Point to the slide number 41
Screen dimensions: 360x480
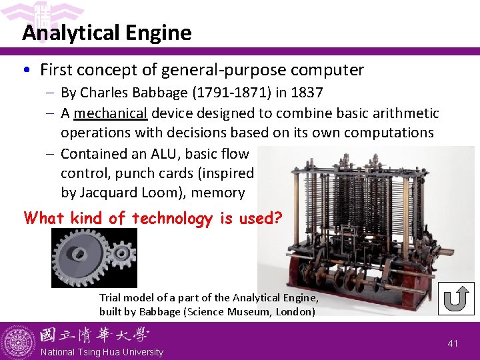(453, 343)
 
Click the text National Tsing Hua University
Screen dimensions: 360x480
(101, 352)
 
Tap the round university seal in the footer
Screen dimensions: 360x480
(19, 341)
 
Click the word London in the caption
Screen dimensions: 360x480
(295, 311)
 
